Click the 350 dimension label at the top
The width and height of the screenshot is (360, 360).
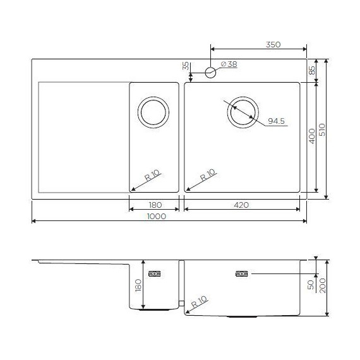click(x=273, y=45)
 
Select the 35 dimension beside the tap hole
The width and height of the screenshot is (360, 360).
click(x=185, y=66)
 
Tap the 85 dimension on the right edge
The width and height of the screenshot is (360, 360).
click(x=312, y=71)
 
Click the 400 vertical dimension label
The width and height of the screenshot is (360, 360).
click(x=311, y=136)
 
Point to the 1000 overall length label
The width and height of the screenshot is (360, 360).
click(x=156, y=216)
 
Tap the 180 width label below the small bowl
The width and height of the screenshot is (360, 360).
click(x=155, y=205)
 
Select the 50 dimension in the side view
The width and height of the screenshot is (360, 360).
click(x=310, y=285)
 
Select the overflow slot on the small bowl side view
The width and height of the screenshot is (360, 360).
click(x=155, y=274)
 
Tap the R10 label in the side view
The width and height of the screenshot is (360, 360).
click(x=200, y=302)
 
